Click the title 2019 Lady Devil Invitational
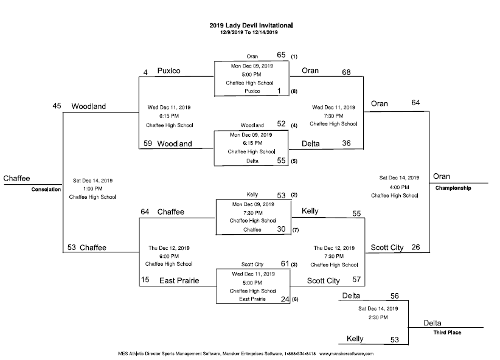click(251, 26)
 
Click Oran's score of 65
click(282, 55)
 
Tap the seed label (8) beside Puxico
click(294, 91)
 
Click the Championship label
click(453, 189)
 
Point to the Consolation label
click(47, 189)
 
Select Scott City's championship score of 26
click(416, 247)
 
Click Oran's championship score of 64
click(415, 103)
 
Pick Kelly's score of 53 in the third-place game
click(394, 339)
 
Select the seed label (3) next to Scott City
click(294, 265)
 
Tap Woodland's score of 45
click(57, 106)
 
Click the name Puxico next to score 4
click(170, 71)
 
